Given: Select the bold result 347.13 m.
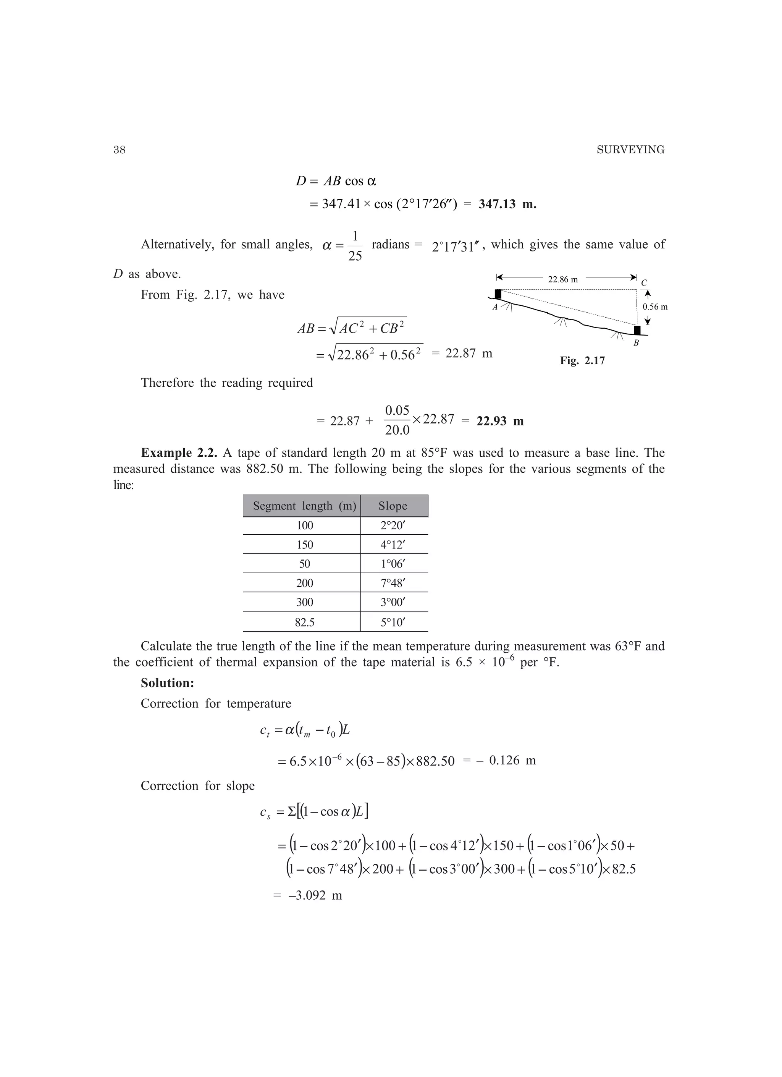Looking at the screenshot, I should click(x=507, y=205).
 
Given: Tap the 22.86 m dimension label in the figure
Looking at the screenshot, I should click(x=563, y=280).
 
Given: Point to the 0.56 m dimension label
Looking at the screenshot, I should click(x=655, y=307).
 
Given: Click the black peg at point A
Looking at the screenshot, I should click(x=498, y=294).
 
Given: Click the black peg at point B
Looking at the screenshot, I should click(x=637, y=330).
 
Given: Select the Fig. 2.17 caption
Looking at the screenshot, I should click(x=582, y=361).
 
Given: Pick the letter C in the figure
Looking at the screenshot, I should click(x=644, y=283).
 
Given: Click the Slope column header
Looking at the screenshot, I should click(x=393, y=506).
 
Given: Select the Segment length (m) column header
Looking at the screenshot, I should click(x=304, y=506).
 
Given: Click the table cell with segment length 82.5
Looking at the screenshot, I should click(x=304, y=622).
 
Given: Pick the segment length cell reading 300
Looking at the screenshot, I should click(x=304, y=603).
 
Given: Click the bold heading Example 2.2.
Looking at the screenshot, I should click(x=179, y=453).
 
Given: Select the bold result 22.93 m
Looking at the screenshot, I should click(x=500, y=421).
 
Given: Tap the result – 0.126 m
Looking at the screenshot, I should click(x=506, y=761).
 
